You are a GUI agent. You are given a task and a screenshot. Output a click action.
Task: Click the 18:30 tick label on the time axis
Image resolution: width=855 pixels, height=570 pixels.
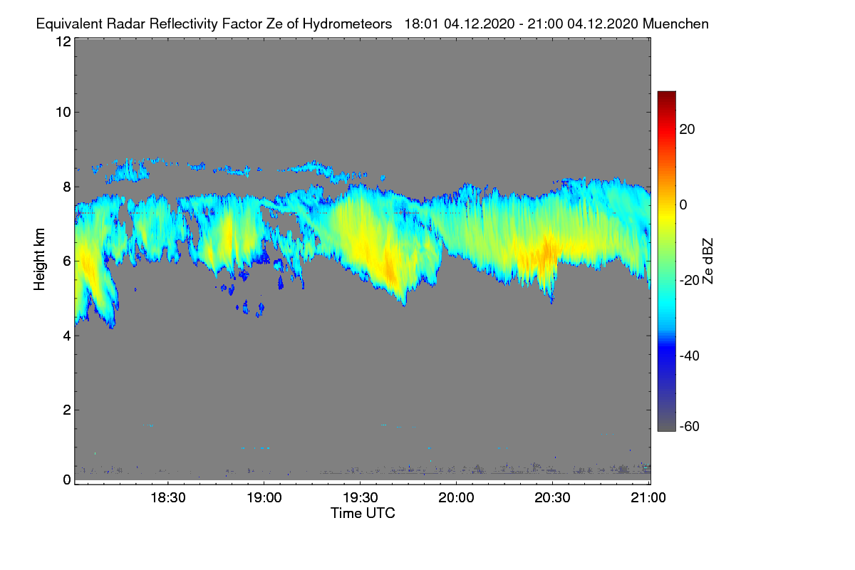[167, 497]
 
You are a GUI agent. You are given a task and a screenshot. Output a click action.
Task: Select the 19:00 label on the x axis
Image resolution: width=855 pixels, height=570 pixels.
[264, 497]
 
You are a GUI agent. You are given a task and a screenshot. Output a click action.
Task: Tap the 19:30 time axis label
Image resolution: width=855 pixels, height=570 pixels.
[360, 497]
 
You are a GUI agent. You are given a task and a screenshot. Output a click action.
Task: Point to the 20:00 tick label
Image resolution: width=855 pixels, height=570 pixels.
[456, 497]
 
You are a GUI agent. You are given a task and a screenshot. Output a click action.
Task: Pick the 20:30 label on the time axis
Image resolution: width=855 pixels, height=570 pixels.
[552, 497]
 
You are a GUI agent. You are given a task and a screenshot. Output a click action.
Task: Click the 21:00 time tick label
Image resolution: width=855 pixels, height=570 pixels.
[648, 497]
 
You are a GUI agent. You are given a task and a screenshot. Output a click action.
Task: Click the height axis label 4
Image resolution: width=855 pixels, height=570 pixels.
[66, 335]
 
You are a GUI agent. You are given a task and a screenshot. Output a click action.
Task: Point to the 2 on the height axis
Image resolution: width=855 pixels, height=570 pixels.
[66, 410]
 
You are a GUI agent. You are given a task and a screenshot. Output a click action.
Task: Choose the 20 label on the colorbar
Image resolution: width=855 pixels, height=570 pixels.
[688, 130]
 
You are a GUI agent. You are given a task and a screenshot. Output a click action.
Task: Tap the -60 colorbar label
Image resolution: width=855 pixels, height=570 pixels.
[690, 427]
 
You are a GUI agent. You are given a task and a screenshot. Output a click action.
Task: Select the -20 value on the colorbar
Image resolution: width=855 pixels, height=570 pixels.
[690, 280]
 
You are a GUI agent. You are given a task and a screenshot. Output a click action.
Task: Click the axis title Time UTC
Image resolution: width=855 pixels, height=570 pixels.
[363, 513]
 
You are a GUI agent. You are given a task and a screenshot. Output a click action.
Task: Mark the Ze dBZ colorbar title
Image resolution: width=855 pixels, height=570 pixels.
[708, 261]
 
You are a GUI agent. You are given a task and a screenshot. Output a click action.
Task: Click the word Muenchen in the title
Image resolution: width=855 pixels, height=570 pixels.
[675, 24]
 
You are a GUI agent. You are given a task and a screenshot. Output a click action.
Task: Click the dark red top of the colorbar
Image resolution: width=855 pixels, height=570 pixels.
[666, 95]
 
